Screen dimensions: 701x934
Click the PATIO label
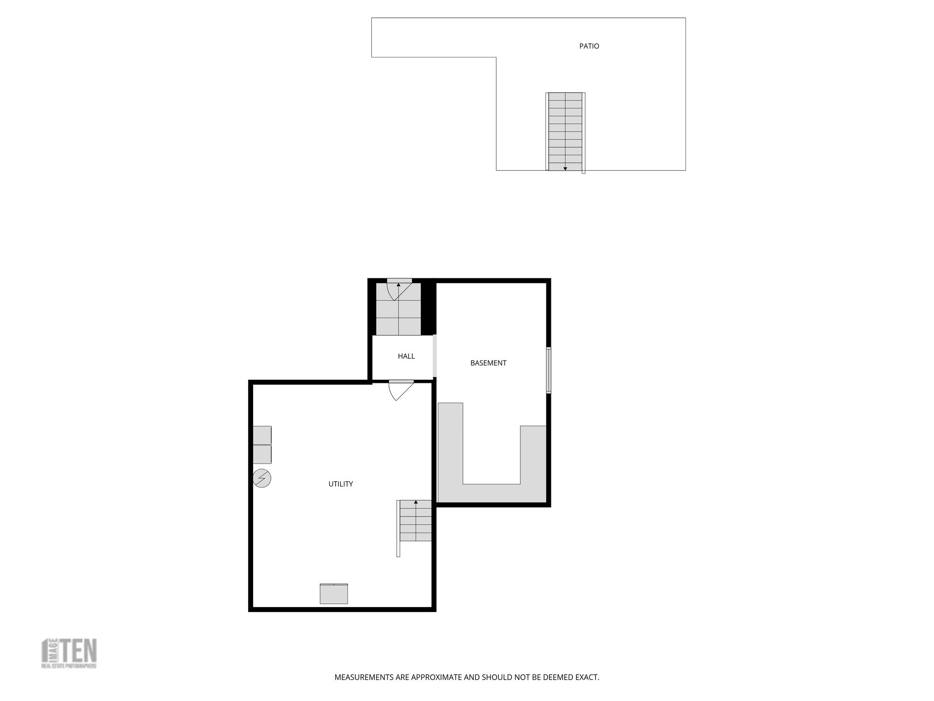(589, 46)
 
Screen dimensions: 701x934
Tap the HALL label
(406, 356)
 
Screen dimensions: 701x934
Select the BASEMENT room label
(488, 363)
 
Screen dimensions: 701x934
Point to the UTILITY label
(341, 484)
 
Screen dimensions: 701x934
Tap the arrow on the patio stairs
(565, 168)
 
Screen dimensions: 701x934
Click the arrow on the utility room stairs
(415, 502)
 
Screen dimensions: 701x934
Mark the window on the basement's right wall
(549, 370)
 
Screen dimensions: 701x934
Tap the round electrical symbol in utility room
(262, 478)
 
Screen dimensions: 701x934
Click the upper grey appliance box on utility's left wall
(262, 435)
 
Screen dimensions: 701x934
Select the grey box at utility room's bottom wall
(334, 593)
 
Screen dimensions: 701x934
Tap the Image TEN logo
(69, 654)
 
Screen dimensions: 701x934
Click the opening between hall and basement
(435, 356)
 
